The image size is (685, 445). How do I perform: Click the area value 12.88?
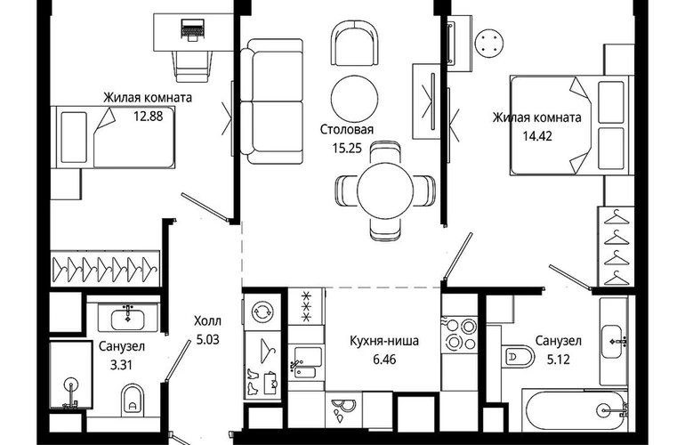pyautogui.click(x=148, y=117)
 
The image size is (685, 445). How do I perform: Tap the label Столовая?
pyautogui.click(x=347, y=129)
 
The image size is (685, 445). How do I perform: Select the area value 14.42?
pyautogui.click(x=537, y=136)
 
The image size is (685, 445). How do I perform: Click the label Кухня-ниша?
pyautogui.click(x=384, y=341)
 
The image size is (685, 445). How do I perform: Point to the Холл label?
pyautogui.click(x=207, y=321)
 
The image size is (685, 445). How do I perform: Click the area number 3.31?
pyautogui.click(x=121, y=365)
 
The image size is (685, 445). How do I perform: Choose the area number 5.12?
pyautogui.click(x=559, y=360)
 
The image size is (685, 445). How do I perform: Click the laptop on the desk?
pyautogui.click(x=192, y=28)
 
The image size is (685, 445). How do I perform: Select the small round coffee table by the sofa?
pyautogui.click(x=354, y=99)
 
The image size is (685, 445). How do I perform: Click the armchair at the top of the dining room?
pyautogui.click(x=354, y=44)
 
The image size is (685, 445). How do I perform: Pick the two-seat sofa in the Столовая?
pyautogui.click(x=271, y=101)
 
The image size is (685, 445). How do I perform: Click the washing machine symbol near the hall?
pyautogui.click(x=262, y=311)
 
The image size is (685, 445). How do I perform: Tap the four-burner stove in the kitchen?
pyautogui.click(x=460, y=334)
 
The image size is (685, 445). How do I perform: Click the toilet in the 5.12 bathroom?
pyautogui.click(x=518, y=357)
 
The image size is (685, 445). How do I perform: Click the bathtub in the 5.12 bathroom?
pyautogui.click(x=576, y=409)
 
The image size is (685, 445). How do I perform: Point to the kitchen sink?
pyautogui.click(x=306, y=362)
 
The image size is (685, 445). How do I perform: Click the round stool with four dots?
pyautogui.click(x=489, y=43)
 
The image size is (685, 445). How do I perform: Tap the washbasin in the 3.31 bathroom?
pyautogui.click(x=127, y=318)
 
